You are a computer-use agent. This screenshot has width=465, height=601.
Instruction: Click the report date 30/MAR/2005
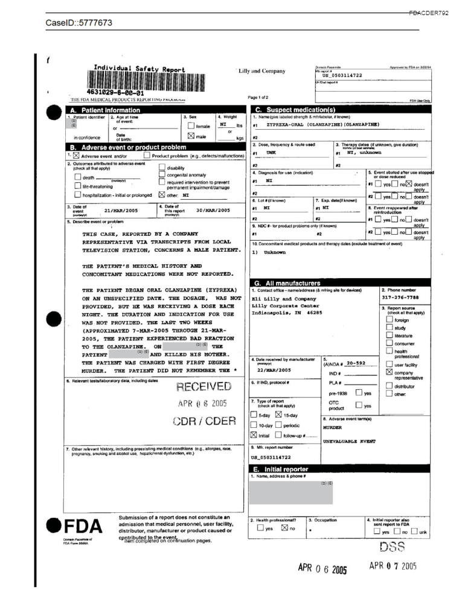(x=214, y=211)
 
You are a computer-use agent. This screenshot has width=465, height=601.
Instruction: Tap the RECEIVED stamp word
(x=203, y=387)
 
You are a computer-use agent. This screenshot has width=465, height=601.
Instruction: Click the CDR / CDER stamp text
(x=204, y=421)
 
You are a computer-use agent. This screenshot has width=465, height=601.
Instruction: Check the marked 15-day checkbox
(x=278, y=415)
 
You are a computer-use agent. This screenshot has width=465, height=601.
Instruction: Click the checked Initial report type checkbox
(x=254, y=436)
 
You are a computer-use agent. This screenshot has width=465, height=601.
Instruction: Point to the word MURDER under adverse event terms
(x=333, y=427)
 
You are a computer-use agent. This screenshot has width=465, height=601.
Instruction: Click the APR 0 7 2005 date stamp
(x=393, y=566)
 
